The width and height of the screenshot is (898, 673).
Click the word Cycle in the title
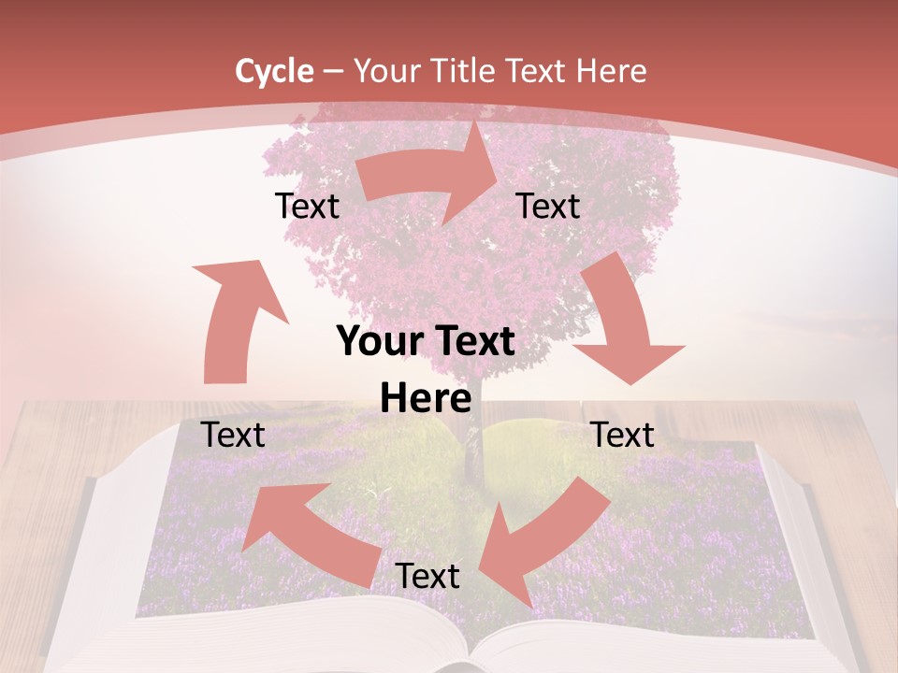tap(274, 71)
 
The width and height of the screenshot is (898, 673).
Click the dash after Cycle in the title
tap(334, 72)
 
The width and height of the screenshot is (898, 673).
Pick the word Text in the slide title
tap(538, 71)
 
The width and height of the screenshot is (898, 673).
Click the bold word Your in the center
tap(380, 342)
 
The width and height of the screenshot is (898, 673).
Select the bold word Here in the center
tap(426, 399)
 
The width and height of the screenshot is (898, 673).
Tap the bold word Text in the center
tap(472, 342)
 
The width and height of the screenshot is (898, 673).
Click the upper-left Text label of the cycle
tap(307, 207)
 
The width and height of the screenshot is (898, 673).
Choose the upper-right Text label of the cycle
tap(548, 207)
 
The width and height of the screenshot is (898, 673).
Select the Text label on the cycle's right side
tap(623, 435)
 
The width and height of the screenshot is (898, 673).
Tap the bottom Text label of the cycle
tap(427, 577)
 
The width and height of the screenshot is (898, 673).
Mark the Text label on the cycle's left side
tap(234, 435)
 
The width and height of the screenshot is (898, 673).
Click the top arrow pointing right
tap(430, 178)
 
